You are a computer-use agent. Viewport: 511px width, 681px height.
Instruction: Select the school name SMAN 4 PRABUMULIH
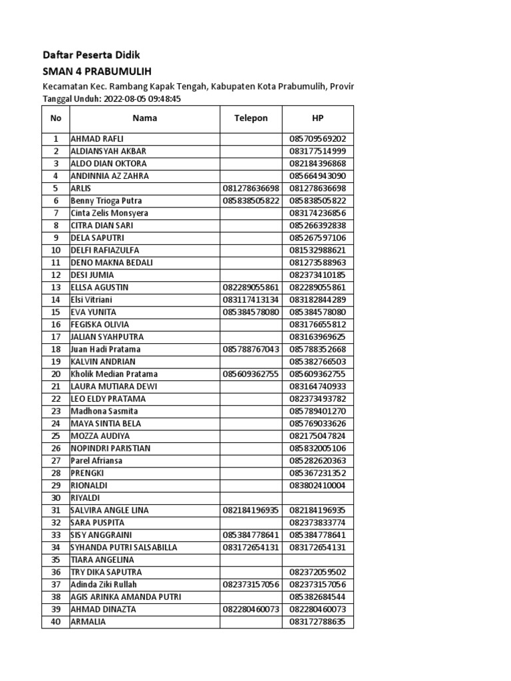coord(102,72)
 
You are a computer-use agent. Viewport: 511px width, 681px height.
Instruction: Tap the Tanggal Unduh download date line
coord(112,98)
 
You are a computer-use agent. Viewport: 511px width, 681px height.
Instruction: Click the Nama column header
coord(144,118)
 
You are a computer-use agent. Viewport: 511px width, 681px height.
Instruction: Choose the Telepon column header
coord(251,118)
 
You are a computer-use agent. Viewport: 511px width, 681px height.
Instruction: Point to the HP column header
coord(317,118)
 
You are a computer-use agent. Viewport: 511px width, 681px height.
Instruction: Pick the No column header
coord(56,118)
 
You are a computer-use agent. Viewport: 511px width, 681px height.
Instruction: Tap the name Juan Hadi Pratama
coord(106,349)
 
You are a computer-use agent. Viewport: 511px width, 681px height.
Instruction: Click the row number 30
coord(56,497)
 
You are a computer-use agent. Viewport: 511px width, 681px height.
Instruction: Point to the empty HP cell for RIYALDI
coord(317,497)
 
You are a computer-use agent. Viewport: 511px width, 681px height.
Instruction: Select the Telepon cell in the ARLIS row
coord(251,189)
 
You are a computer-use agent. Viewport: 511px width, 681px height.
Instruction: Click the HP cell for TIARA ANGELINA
coord(317,560)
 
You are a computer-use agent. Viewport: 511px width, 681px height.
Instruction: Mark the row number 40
coord(56,622)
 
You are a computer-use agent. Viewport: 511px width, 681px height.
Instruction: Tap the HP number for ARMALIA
coord(317,622)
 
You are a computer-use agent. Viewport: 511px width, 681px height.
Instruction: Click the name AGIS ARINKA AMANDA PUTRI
coord(126,597)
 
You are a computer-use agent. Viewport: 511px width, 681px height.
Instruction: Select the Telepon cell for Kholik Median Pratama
coord(251,374)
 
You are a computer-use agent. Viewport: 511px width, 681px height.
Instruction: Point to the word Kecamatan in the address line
coord(65,86)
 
